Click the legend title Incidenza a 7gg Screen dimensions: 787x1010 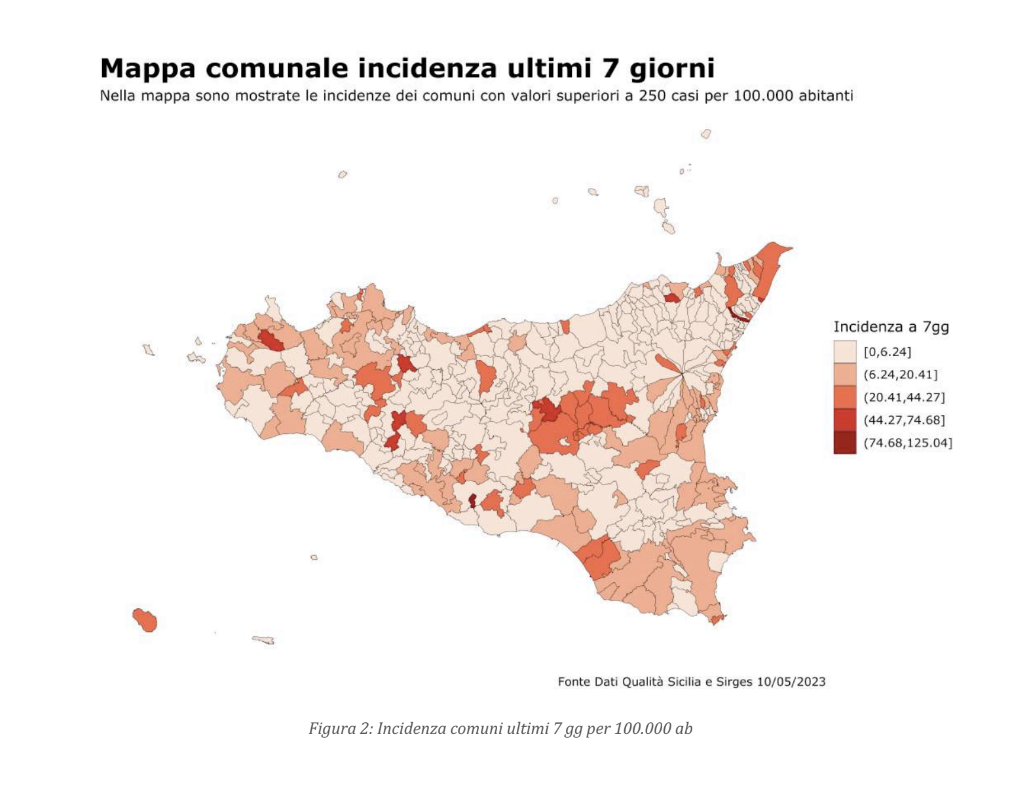click(891, 326)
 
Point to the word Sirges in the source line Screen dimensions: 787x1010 click(733, 682)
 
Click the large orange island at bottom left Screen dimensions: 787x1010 click(145, 619)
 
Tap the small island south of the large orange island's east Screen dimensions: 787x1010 click(263, 640)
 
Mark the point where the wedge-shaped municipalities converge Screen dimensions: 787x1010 click(683, 374)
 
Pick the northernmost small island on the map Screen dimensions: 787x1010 click(705, 134)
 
